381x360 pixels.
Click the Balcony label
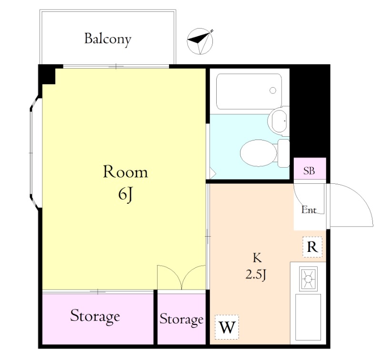[x=108, y=40]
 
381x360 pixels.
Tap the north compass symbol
[x=200, y=41]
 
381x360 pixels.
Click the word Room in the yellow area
[x=125, y=172]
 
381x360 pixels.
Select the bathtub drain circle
[x=273, y=90]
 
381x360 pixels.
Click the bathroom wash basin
[x=279, y=121]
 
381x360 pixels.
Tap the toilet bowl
[x=259, y=153]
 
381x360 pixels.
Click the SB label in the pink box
[x=309, y=171]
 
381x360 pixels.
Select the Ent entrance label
[x=309, y=210]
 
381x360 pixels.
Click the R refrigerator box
[x=312, y=247]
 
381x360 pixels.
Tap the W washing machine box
[x=227, y=327]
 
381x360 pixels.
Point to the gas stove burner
[x=308, y=279]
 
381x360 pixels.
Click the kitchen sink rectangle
[x=308, y=317]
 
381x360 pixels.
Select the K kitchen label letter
[x=257, y=258]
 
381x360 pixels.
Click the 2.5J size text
[x=256, y=275]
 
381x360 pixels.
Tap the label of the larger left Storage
[x=95, y=316]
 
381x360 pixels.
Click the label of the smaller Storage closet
[x=181, y=319]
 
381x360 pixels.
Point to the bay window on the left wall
[x=35, y=152]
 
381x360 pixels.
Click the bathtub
[x=249, y=91]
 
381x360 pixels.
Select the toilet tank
[x=283, y=153]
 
